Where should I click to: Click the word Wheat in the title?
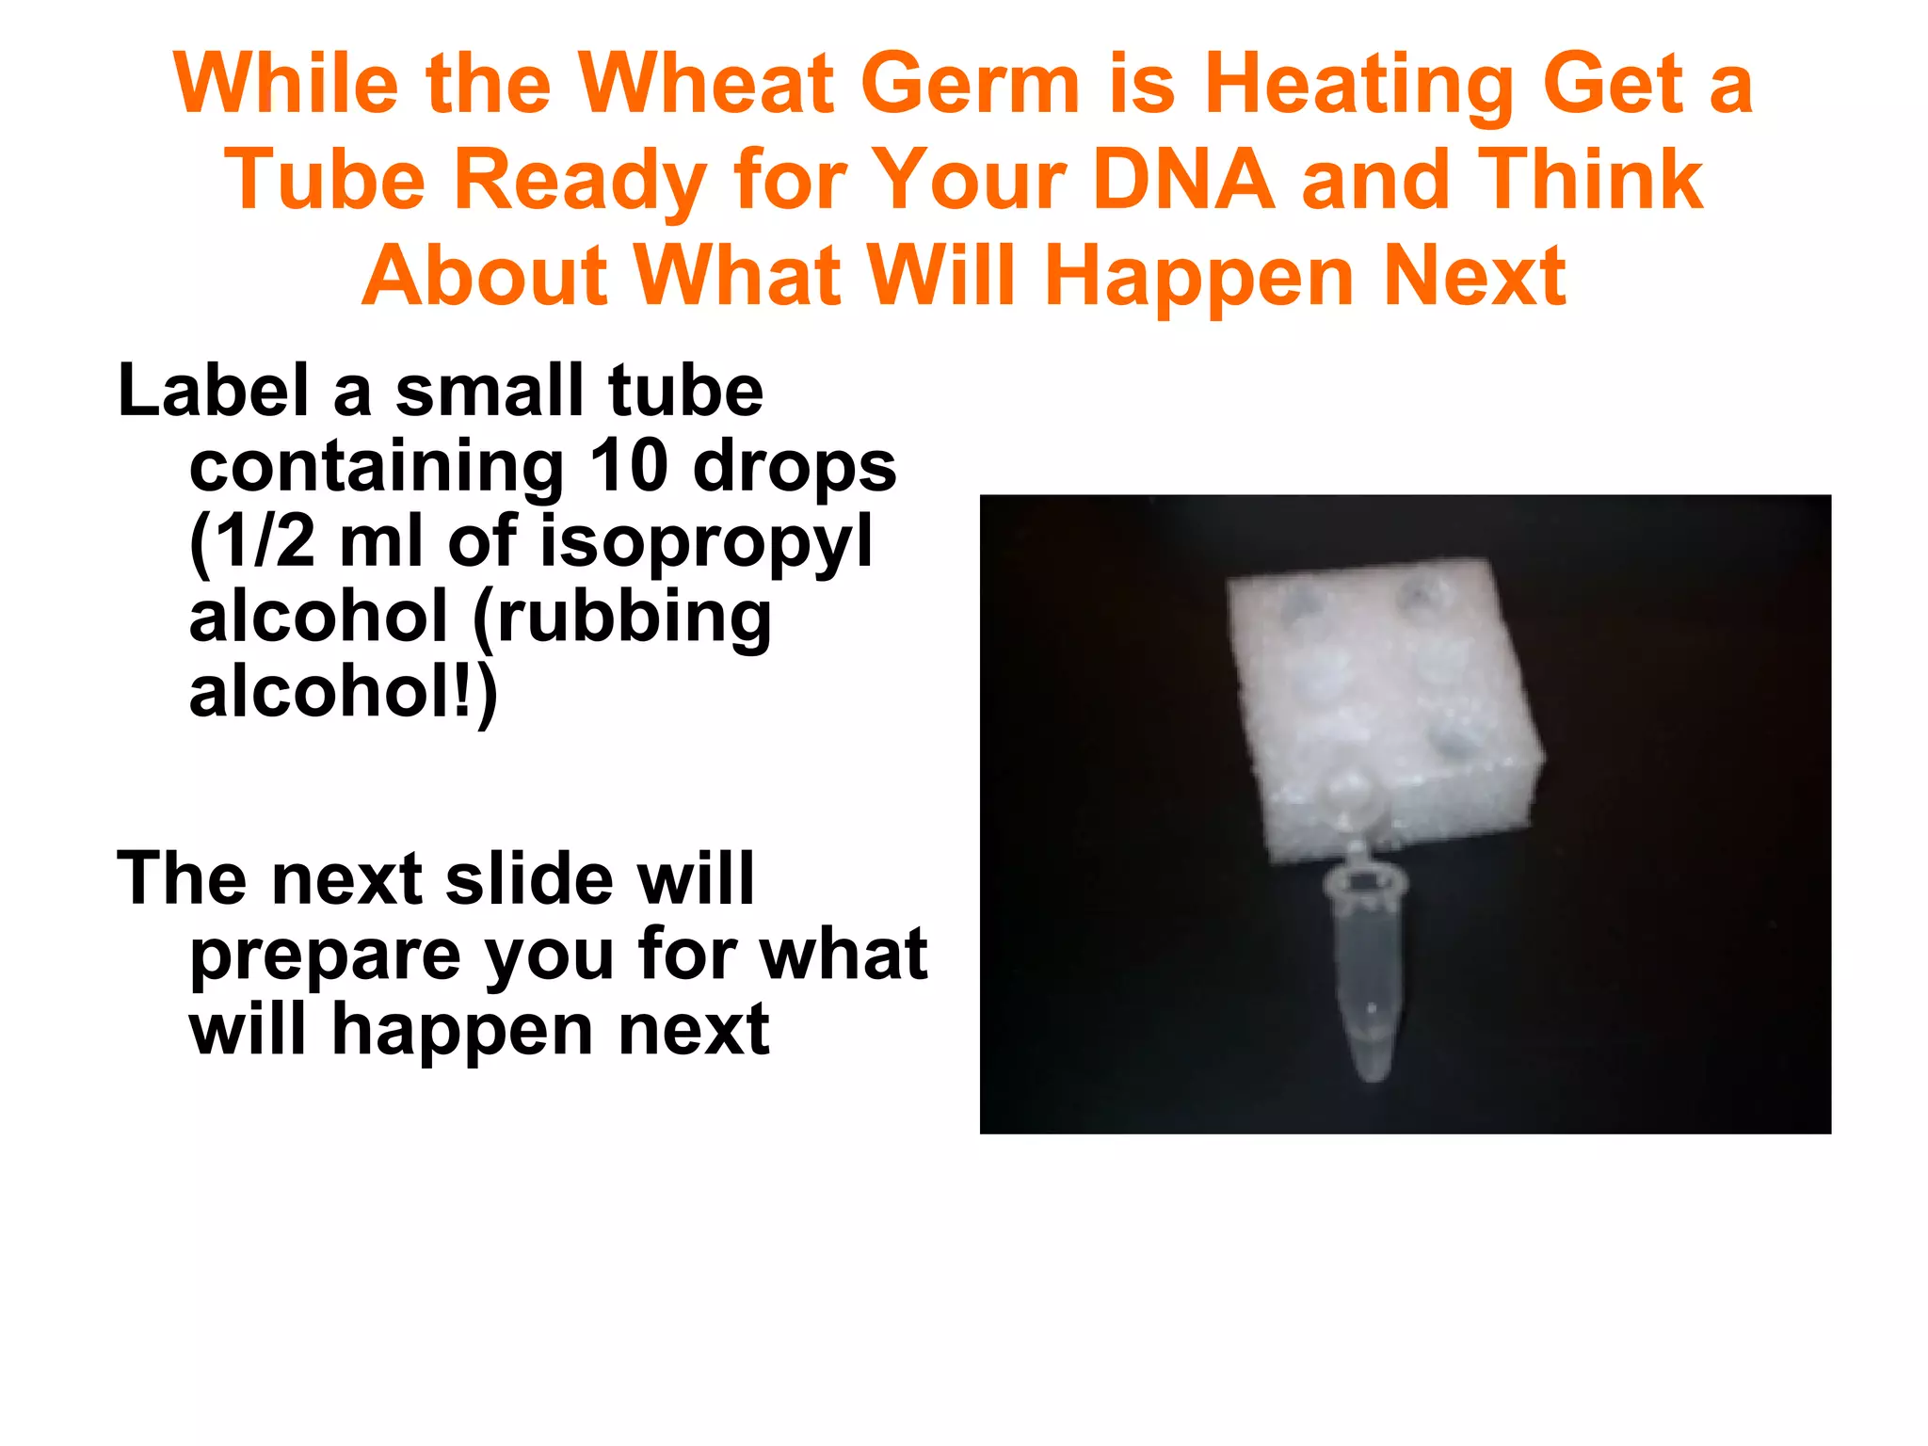point(705,85)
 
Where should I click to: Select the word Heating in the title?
point(1358,85)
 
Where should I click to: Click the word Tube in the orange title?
point(325,180)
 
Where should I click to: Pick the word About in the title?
point(484,276)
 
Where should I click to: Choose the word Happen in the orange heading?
point(1199,276)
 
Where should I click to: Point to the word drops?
point(795,468)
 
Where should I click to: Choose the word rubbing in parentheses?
point(632,619)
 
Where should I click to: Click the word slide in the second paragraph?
point(528,878)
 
